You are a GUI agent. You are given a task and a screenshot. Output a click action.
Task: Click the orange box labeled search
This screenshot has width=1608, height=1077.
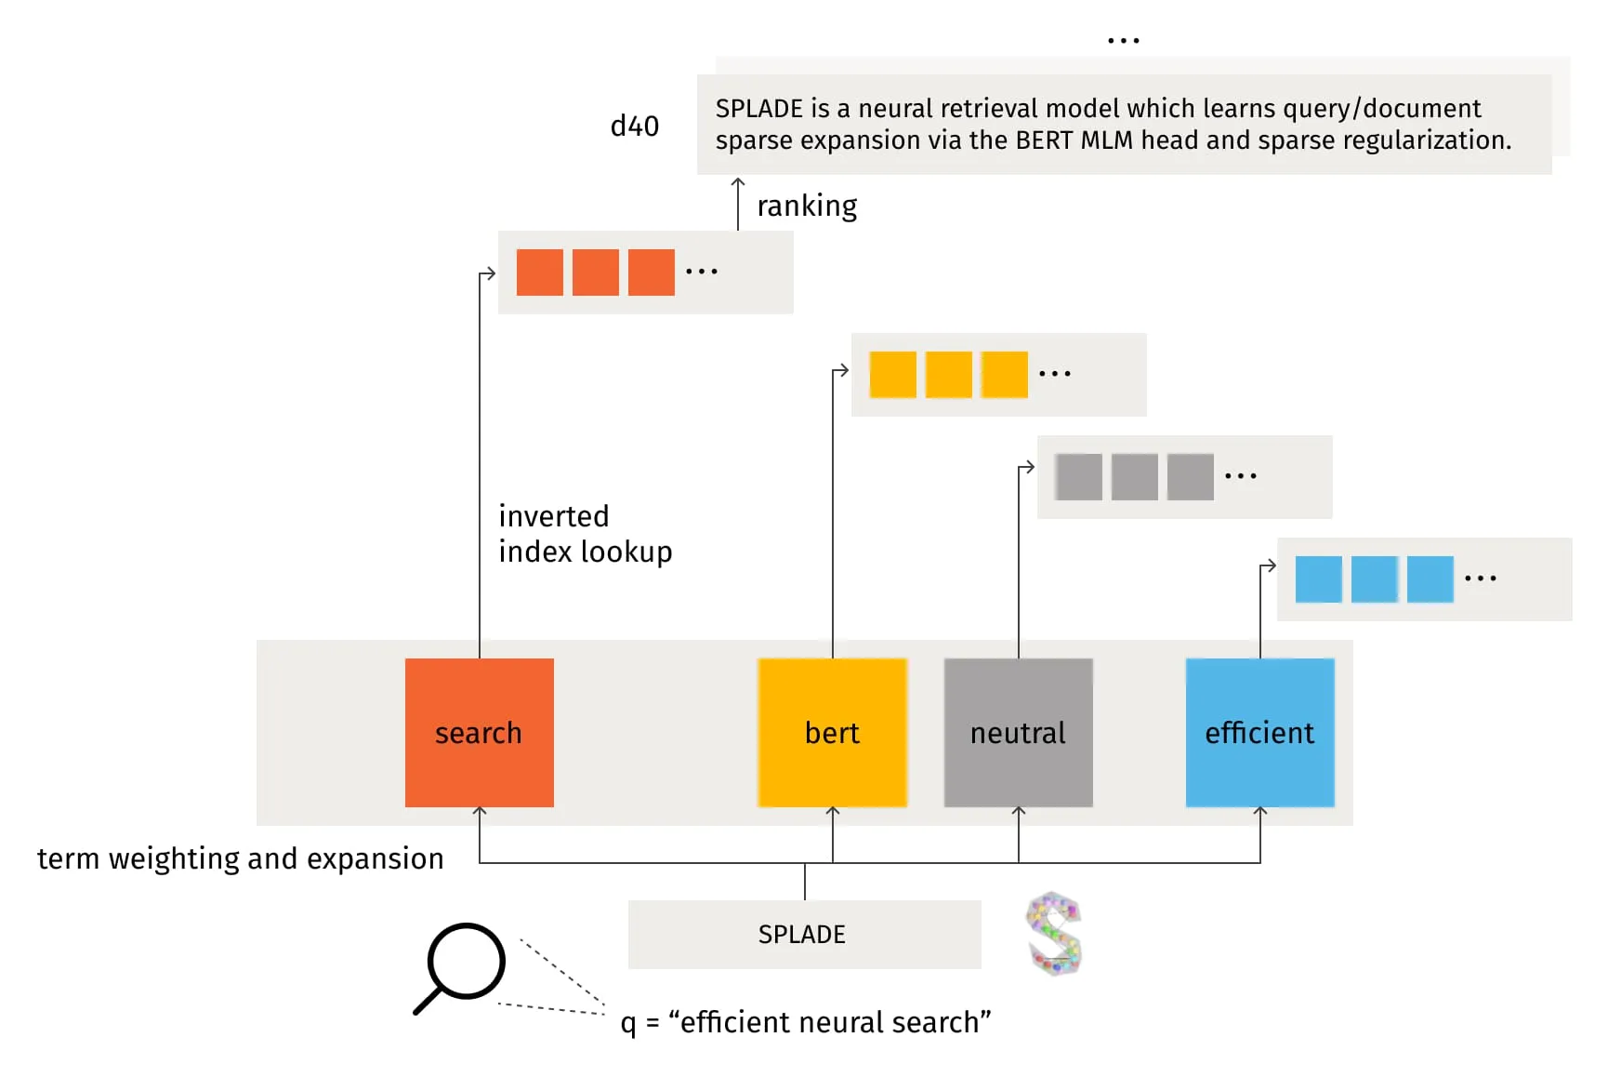(479, 732)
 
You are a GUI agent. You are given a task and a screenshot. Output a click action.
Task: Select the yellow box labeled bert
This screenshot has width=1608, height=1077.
(832, 732)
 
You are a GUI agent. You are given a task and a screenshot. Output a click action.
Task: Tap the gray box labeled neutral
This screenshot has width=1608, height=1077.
(1018, 732)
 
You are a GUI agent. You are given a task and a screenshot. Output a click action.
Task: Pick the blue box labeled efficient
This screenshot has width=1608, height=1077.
(1259, 732)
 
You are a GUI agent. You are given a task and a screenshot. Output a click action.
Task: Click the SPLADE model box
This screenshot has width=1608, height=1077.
(804, 934)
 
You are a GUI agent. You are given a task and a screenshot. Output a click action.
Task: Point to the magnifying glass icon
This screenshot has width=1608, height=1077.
(462, 964)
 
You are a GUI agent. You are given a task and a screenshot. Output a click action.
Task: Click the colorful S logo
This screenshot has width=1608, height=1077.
(1054, 933)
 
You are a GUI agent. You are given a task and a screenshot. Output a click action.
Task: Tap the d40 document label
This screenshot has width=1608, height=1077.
(634, 126)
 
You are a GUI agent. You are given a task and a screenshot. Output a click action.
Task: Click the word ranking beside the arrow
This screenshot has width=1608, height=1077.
(807, 206)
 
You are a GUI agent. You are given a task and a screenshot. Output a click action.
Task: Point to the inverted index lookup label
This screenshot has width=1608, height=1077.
(585, 534)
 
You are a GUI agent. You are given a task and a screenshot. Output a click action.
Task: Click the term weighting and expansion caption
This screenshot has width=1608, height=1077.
(240, 858)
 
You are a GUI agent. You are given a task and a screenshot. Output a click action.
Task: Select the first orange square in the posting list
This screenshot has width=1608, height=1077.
(539, 272)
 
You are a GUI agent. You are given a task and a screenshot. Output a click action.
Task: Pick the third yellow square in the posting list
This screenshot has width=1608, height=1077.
(1004, 374)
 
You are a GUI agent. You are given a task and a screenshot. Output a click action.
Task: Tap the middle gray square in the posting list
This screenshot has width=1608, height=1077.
(1134, 476)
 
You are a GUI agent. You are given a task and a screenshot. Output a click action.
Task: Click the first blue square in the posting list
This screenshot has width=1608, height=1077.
(1318, 578)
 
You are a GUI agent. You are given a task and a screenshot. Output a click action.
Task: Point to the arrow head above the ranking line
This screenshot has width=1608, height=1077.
(738, 182)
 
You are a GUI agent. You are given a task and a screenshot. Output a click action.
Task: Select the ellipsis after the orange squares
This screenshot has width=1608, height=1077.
(701, 272)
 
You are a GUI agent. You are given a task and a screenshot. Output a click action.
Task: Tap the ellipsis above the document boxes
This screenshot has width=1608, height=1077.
(1123, 41)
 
